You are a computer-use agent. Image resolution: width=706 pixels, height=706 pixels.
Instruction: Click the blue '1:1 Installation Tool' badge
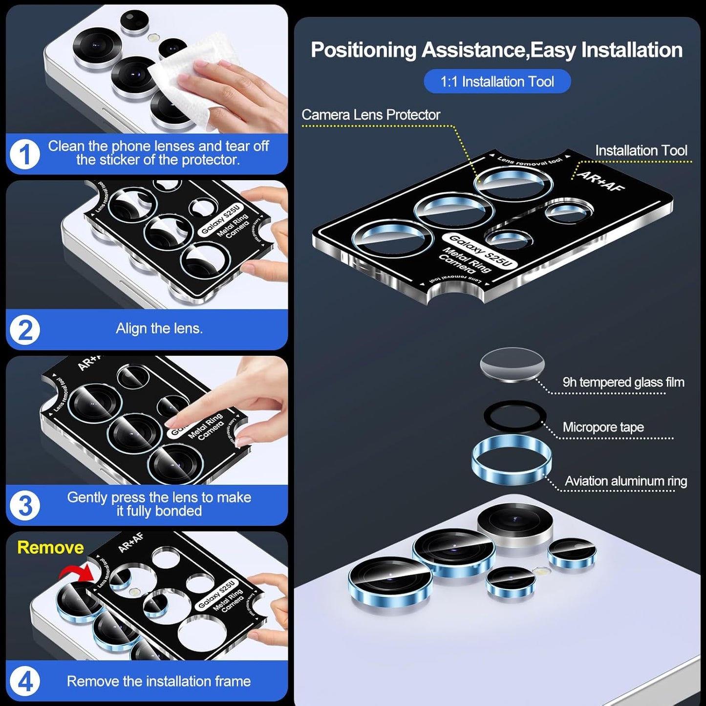tap(497, 82)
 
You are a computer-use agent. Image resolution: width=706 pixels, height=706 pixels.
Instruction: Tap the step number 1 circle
tap(24, 154)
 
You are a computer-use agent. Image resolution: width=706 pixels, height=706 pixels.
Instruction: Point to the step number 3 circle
tap(24, 505)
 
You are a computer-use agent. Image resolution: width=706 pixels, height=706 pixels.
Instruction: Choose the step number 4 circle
tap(24, 681)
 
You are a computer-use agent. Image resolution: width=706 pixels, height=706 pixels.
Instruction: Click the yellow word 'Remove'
tap(50, 547)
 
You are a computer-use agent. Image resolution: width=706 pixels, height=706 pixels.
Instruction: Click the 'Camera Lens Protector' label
tap(370, 115)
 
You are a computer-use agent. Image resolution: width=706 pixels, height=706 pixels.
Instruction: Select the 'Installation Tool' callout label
tap(641, 150)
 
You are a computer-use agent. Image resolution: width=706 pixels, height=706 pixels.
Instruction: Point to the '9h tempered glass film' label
tap(623, 382)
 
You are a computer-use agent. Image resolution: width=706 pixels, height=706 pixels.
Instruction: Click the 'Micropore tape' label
tap(603, 427)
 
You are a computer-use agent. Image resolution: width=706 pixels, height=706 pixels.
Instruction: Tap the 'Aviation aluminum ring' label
tap(625, 481)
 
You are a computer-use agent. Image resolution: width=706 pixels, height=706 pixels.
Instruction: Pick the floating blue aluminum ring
tap(512, 460)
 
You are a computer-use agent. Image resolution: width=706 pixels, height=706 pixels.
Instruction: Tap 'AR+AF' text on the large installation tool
tap(600, 181)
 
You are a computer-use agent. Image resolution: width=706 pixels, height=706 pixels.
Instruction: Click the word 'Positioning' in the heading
tap(364, 50)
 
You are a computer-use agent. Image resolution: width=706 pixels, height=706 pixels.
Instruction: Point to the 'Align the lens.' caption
tap(159, 328)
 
